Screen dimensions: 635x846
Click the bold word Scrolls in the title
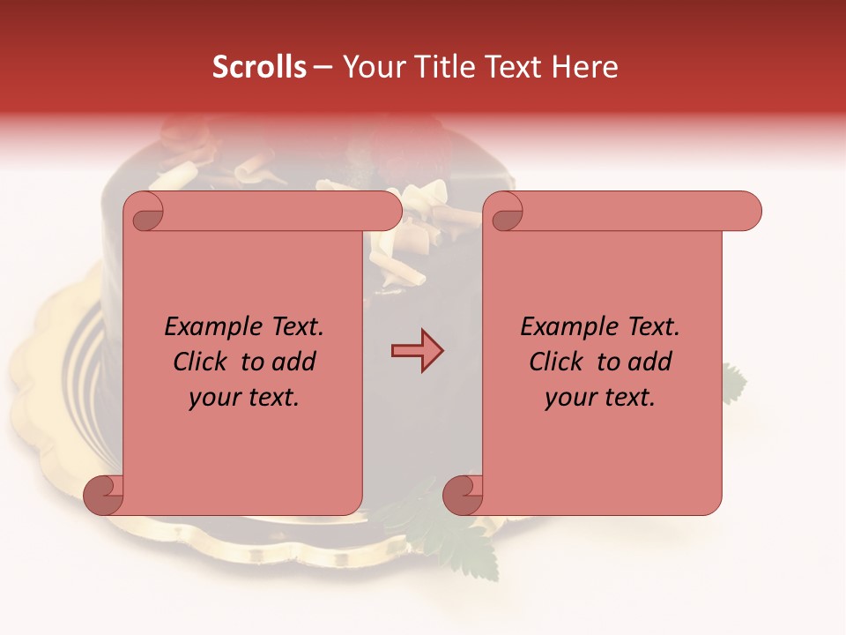pos(259,67)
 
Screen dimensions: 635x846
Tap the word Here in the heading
pos(585,67)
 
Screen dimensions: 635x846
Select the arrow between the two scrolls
pos(417,351)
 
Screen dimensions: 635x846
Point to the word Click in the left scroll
pos(200,362)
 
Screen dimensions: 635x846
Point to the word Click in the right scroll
pos(556,362)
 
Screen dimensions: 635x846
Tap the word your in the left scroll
pos(211,399)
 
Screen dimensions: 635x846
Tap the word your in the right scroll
pos(568,399)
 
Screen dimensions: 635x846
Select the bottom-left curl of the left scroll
pos(102,496)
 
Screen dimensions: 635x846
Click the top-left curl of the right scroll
pos(506,213)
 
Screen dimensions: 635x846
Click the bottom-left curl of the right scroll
pos(462,496)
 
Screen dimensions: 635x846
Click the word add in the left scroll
pos(295,362)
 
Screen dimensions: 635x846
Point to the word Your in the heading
pos(372,67)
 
